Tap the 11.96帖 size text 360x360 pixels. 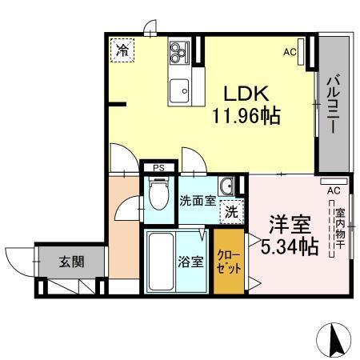click(245, 117)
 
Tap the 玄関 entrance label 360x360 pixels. click(70, 261)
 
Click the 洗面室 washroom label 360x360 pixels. click(196, 201)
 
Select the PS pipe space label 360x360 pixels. click(158, 168)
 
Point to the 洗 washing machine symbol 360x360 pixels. click(230, 213)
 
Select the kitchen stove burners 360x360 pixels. click(178, 54)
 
